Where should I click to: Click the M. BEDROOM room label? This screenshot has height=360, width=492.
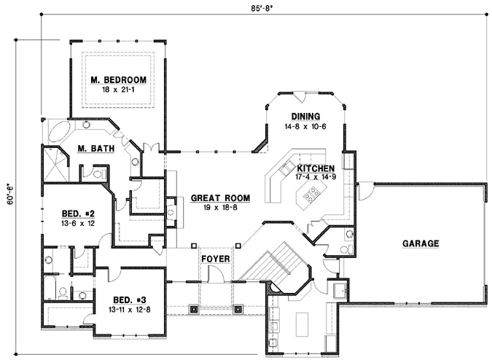119,79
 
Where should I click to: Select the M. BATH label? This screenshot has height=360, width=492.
94,150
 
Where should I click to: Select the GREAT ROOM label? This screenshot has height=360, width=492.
221,197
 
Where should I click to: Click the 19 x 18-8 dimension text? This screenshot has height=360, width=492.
221,207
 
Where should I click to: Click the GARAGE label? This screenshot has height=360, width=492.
418,244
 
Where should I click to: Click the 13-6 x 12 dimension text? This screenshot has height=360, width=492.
75,224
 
